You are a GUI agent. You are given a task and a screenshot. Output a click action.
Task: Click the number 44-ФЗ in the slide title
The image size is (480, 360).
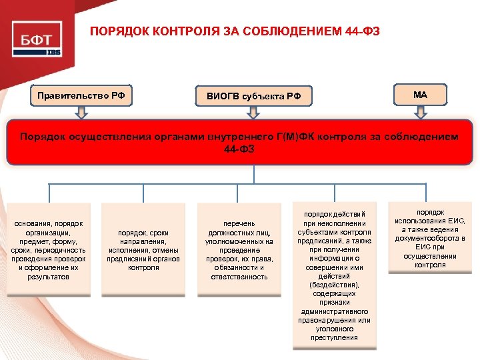coord(363,31)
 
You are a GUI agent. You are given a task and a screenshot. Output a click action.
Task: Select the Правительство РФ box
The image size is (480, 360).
coord(81,95)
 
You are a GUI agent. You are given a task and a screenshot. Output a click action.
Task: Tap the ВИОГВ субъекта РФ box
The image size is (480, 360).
coord(253,97)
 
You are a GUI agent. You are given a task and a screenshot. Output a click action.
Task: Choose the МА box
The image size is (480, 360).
coord(420,95)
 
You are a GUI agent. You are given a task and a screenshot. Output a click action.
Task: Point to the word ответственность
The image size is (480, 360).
coord(239,276)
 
